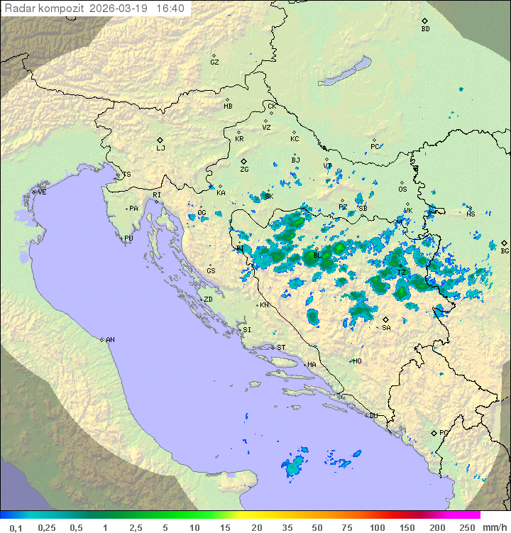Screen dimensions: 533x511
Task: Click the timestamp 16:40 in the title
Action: click(170, 9)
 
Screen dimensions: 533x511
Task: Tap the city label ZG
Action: click(244, 170)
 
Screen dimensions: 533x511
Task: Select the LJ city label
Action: click(160, 148)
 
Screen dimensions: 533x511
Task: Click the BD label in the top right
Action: click(425, 29)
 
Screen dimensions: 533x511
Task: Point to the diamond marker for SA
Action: click(386, 319)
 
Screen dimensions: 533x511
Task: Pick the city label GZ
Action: click(214, 62)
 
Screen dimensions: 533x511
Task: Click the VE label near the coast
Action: click(42, 192)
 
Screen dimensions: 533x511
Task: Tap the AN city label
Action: click(110, 340)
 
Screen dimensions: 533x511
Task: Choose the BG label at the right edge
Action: click(505, 251)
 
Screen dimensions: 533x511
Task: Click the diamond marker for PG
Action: click(434, 432)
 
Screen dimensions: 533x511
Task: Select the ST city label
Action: click(281, 348)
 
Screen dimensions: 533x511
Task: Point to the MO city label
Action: click(357, 361)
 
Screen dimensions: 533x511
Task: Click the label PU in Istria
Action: click(128, 238)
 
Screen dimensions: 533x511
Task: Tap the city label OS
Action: click(402, 189)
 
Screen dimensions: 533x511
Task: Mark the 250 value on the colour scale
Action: click(467, 527)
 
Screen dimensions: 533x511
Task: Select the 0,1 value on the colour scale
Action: click(16, 527)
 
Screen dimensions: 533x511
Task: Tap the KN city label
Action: click(264, 305)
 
